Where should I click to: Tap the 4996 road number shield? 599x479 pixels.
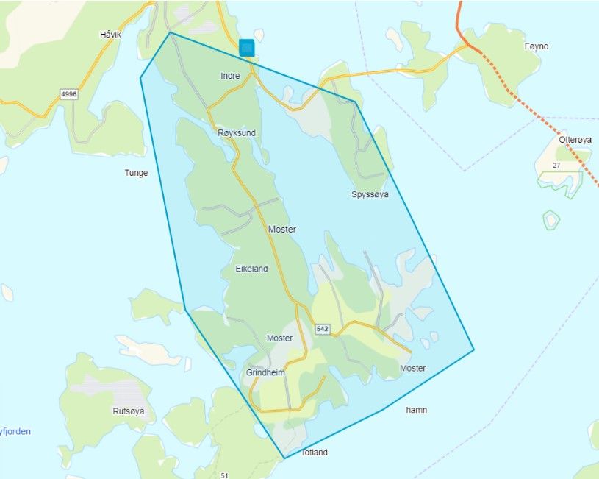70,93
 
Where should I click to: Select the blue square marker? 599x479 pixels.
247,48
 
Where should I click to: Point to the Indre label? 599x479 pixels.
230,76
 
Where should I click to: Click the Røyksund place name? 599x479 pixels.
237,133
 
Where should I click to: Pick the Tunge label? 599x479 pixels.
137,173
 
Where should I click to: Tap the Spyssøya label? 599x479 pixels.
370,195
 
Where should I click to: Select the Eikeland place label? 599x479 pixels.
251,269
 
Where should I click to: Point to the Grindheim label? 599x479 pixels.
265,373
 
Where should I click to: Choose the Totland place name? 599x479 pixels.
314,453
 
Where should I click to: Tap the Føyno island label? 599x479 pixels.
537,46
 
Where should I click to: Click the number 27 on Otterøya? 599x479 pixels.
556,166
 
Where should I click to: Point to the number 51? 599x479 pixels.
225,475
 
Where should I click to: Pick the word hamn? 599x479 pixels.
415,410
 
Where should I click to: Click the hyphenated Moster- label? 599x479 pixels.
413,368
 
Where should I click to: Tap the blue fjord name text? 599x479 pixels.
15,432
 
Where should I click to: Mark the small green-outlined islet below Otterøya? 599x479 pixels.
550,219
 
